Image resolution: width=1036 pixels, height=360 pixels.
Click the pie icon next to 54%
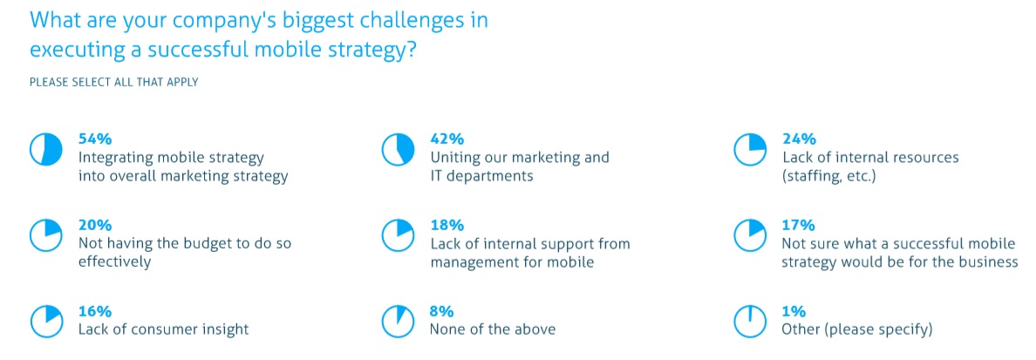pyautogui.click(x=45, y=150)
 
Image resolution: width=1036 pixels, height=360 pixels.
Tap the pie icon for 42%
pyautogui.click(x=399, y=150)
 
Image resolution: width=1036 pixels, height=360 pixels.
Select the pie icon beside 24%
pyautogui.click(x=751, y=150)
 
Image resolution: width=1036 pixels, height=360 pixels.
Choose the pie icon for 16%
pyautogui.click(x=45, y=321)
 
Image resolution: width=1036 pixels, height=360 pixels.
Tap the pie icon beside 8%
pyautogui.click(x=399, y=321)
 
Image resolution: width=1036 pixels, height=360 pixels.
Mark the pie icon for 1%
pyautogui.click(x=751, y=321)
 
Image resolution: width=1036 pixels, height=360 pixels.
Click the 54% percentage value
pyautogui.click(x=95, y=139)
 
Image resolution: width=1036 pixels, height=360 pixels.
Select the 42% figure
pyautogui.click(x=447, y=139)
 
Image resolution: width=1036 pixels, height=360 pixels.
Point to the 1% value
pyautogui.click(x=794, y=310)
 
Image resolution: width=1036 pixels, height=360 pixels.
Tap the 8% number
pyautogui.click(x=443, y=310)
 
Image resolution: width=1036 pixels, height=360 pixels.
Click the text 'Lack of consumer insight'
pyautogui.click(x=164, y=329)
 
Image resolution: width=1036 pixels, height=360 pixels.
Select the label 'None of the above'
pyautogui.click(x=493, y=329)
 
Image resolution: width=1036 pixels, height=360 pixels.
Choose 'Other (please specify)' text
pyautogui.click(x=857, y=329)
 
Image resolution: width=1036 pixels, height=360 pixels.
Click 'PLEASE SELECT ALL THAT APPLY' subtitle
pyautogui.click(x=113, y=83)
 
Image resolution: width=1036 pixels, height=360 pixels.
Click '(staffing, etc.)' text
pyautogui.click(x=829, y=178)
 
